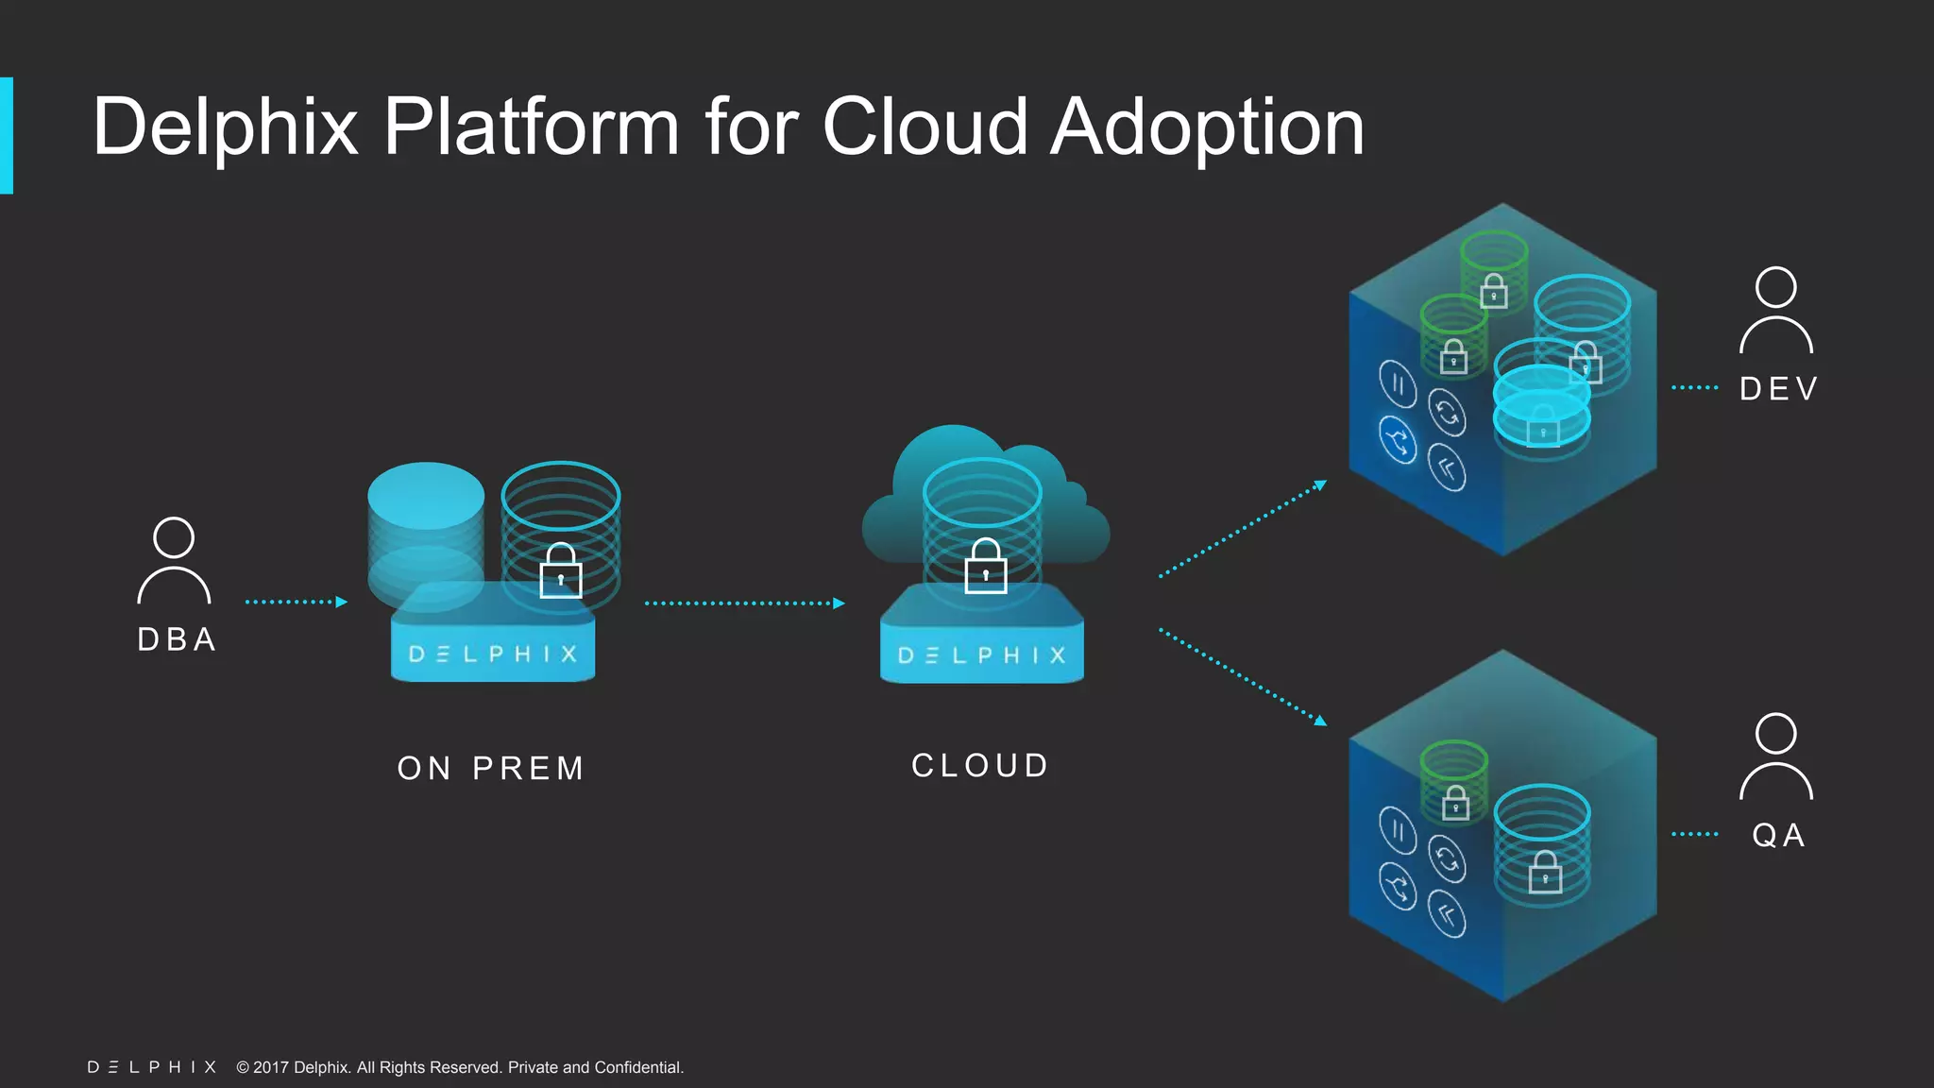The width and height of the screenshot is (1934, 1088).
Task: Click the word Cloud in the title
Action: (x=925, y=127)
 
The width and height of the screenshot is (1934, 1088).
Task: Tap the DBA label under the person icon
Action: (x=177, y=639)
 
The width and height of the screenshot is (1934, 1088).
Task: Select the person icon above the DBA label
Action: (x=174, y=560)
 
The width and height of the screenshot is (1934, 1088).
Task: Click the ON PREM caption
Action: (x=491, y=768)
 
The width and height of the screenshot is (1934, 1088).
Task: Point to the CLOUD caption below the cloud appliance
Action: (x=980, y=765)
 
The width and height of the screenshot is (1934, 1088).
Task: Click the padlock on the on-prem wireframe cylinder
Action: (x=561, y=571)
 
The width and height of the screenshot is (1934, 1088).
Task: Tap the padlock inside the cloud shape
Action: (x=985, y=567)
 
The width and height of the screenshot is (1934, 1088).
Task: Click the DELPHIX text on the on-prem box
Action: (x=493, y=654)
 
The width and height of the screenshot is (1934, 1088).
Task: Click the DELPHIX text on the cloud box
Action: (x=982, y=655)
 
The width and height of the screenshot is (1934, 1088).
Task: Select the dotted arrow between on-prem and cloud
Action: (x=744, y=603)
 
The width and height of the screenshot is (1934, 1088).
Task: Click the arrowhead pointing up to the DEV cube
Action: (x=1320, y=485)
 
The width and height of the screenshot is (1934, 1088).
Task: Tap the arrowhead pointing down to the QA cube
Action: (x=1320, y=721)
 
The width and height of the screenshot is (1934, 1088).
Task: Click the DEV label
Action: (x=1779, y=388)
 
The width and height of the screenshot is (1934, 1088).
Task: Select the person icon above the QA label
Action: (x=1775, y=756)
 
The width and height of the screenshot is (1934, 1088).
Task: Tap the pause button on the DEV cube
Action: (x=1398, y=383)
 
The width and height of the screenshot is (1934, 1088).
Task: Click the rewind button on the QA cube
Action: (x=1447, y=914)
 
